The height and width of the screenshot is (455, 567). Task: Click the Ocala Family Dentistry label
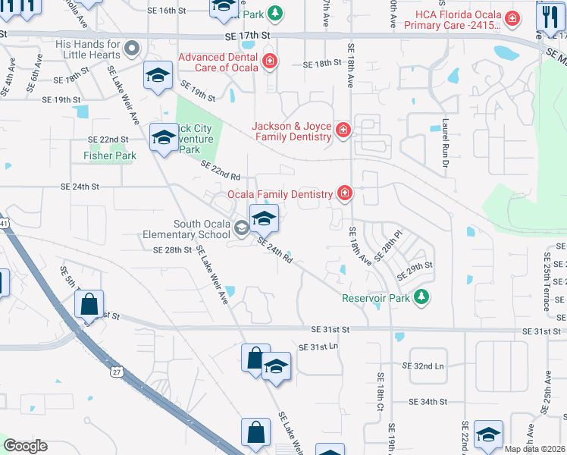click(x=280, y=194)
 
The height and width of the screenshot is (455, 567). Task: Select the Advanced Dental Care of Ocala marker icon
click(x=268, y=61)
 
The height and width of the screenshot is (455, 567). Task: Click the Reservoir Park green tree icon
click(x=423, y=298)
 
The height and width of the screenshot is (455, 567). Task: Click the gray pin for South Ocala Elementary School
click(x=241, y=227)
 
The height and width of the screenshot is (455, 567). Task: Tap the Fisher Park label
click(x=109, y=156)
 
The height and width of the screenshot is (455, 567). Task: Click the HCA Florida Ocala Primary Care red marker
click(x=514, y=17)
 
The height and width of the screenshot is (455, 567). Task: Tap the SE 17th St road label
click(x=248, y=36)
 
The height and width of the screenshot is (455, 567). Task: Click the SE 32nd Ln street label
click(x=428, y=366)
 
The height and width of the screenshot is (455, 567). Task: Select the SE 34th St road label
click(x=428, y=401)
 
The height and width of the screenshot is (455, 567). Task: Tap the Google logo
click(x=25, y=446)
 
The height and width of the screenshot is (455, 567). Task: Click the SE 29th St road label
click(x=418, y=265)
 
